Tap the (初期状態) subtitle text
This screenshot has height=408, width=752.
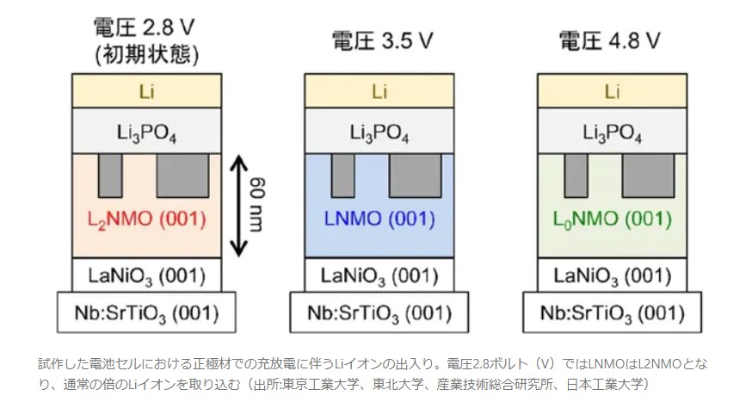tap(146, 55)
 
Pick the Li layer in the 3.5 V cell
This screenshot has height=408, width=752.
tap(379, 91)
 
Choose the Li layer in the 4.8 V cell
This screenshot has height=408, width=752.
tap(613, 91)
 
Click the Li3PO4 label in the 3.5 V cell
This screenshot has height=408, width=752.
tap(379, 133)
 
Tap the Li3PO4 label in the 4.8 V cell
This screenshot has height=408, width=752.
tap(613, 133)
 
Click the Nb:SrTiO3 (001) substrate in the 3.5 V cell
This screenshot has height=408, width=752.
tap(379, 312)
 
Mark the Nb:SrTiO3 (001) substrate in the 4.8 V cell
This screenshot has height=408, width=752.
tap(613, 312)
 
